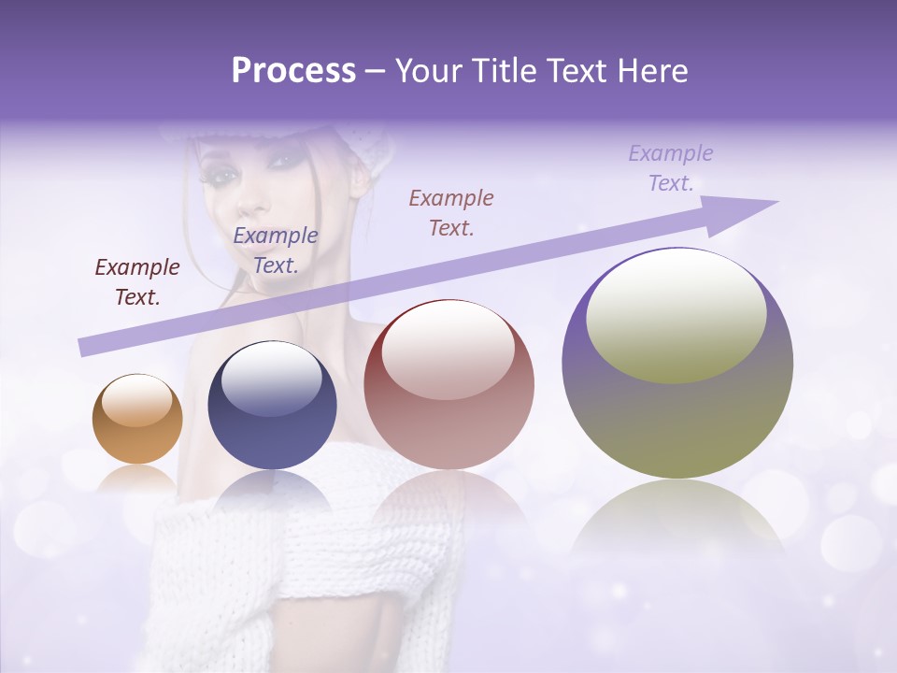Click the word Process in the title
293,71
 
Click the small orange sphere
137,419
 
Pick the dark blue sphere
272,405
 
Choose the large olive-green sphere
677,364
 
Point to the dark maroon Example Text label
137,282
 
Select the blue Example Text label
276,251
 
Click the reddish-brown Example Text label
451,213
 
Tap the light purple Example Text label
671,168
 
